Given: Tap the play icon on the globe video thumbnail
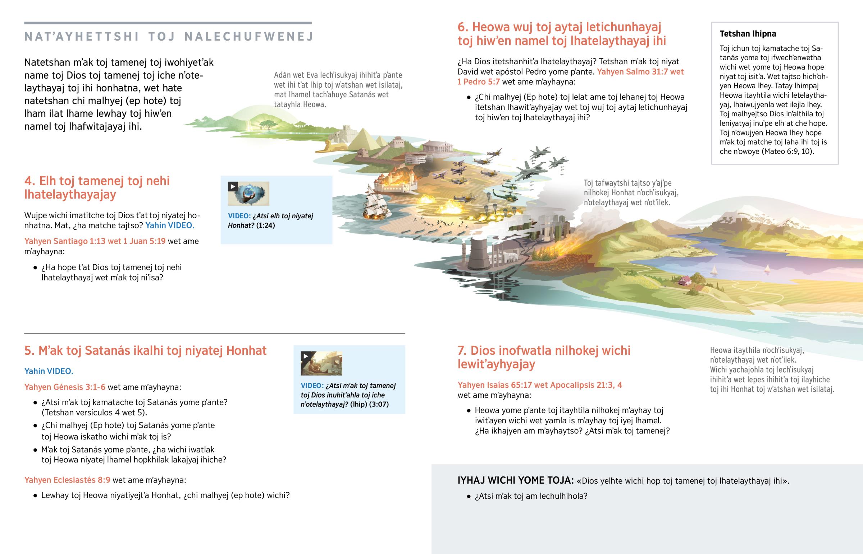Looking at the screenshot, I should [233, 186].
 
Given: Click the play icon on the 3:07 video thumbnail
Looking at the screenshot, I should [306, 356].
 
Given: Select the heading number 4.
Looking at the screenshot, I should [29, 181].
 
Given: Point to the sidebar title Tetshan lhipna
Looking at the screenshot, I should [748, 34].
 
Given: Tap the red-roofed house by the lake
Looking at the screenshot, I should [685, 280].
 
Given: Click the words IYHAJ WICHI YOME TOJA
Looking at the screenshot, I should [515, 480].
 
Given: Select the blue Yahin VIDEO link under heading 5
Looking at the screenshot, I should [49, 371].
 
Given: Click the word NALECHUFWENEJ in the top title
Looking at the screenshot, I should [248, 37].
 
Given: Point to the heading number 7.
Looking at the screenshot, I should [462, 351].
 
